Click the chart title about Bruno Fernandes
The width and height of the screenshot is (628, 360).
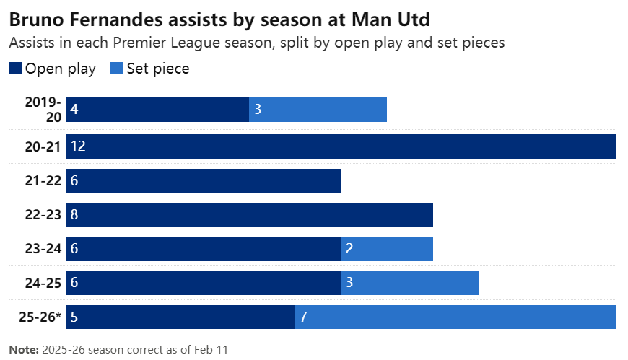(x=224, y=17)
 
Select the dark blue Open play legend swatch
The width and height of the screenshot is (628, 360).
(x=15, y=69)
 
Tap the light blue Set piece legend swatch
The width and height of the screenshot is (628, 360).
(x=116, y=69)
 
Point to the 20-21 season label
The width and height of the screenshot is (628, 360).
(x=41, y=146)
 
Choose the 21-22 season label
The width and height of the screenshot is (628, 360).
(x=41, y=181)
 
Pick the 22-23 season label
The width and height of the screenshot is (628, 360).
(x=41, y=215)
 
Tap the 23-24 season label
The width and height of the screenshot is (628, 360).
(x=41, y=249)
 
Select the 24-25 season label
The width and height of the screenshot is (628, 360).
(x=41, y=283)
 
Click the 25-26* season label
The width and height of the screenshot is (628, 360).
(x=39, y=317)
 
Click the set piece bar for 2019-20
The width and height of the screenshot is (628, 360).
(x=318, y=110)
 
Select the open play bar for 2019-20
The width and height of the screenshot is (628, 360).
(x=157, y=110)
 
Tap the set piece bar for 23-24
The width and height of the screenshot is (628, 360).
(x=387, y=249)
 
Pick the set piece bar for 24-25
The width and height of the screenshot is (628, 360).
(x=410, y=283)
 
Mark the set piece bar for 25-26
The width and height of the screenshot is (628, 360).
(x=455, y=317)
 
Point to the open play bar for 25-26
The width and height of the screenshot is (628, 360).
(x=180, y=317)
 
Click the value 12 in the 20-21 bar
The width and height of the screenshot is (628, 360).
(x=78, y=146)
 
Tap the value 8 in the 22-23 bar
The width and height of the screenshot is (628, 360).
(x=74, y=215)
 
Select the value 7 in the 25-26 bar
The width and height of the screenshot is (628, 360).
(x=303, y=317)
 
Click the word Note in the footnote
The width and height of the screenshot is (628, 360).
(x=23, y=350)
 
